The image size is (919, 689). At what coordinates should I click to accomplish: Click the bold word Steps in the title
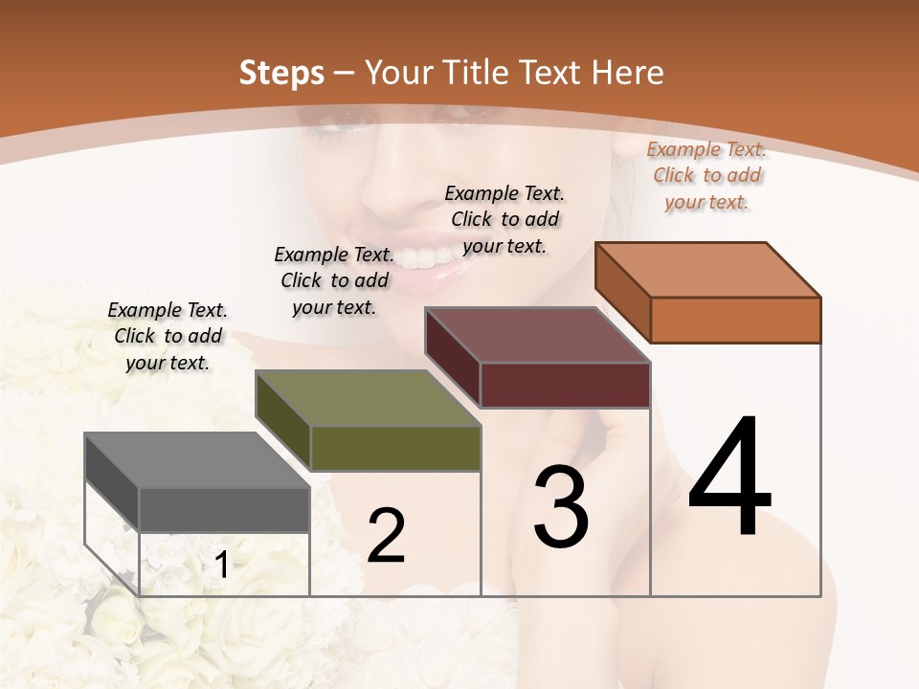[x=281, y=73]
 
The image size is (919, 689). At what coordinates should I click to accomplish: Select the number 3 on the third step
[x=561, y=507]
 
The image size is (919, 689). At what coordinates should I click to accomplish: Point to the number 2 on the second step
[x=386, y=536]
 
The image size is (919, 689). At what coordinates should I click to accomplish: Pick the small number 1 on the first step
[x=221, y=566]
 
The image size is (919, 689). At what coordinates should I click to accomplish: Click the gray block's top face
[x=196, y=459]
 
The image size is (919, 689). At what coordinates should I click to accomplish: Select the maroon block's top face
[x=538, y=335]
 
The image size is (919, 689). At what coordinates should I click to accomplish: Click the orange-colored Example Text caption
[x=706, y=175]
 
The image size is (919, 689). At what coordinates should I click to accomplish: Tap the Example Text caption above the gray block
[x=168, y=336]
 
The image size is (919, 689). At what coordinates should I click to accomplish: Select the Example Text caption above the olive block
[x=334, y=280]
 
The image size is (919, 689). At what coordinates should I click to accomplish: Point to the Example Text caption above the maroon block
[x=504, y=219]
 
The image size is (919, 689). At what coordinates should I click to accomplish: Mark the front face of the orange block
[x=735, y=320]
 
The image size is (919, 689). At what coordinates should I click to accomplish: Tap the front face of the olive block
[x=394, y=448]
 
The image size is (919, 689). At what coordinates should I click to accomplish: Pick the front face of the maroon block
[x=565, y=385]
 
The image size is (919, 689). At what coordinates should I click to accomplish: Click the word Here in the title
[x=628, y=73]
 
